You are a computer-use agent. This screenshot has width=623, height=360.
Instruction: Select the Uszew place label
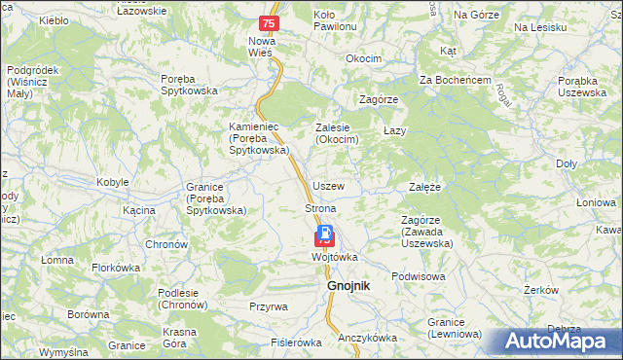point(329,186)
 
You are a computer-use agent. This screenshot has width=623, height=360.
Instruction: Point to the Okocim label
point(363,59)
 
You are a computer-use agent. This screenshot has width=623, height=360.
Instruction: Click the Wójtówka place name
point(335,257)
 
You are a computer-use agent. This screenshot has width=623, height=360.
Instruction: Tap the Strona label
point(320,209)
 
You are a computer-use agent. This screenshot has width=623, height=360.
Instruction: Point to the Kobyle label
point(112,183)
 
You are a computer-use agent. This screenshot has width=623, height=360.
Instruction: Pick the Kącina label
point(139,210)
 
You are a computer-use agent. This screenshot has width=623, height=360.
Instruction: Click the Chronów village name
point(165,244)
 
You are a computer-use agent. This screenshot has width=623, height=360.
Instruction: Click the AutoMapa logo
point(559,342)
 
